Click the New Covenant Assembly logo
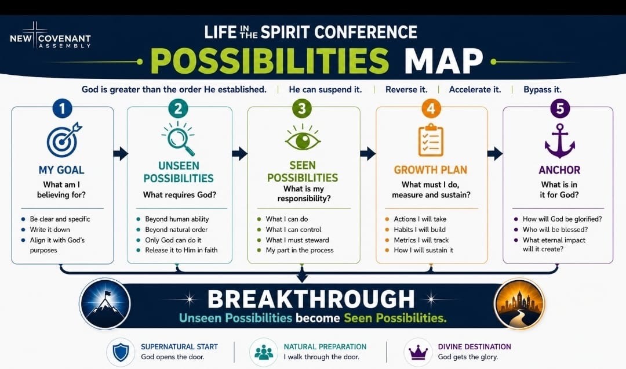coord(50,37)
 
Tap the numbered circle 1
coord(62,108)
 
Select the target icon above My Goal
coord(64,139)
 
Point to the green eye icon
coord(302,138)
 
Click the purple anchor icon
coord(560,141)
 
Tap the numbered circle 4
coord(431,108)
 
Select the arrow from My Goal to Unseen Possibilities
coord(121,153)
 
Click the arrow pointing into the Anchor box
coord(495,153)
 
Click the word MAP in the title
coord(443,62)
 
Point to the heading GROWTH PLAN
coord(430,170)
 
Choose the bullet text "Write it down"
coord(50,230)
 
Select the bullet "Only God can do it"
coord(173,240)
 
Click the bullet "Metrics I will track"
coord(421,240)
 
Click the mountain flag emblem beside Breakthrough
coord(105,303)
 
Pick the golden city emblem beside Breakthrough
coord(519,303)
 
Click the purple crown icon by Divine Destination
coord(418,353)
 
